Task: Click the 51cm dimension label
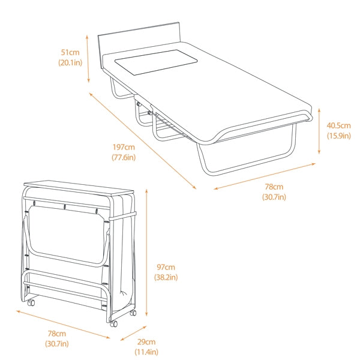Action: [x=70, y=52]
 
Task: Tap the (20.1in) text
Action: [x=70, y=62]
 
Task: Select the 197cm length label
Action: [x=124, y=147]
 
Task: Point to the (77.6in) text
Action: [x=124, y=157]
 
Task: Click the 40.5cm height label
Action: [x=338, y=125]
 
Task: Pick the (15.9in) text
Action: [x=338, y=136]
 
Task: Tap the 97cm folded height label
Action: [x=166, y=267]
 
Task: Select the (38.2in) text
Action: [x=166, y=277]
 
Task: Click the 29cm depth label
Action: [x=146, y=342]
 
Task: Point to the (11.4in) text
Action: [x=146, y=352]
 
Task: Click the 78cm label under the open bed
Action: [x=274, y=187]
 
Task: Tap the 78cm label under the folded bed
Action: [x=57, y=334]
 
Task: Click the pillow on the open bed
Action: [x=156, y=62]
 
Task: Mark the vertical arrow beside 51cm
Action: [x=88, y=59]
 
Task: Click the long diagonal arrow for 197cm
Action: [x=143, y=141]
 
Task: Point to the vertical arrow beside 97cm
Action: [x=146, y=253]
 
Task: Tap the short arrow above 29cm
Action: [x=133, y=333]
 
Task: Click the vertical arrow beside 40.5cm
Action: [x=319, y=131]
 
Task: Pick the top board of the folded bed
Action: [x=79, y=188]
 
